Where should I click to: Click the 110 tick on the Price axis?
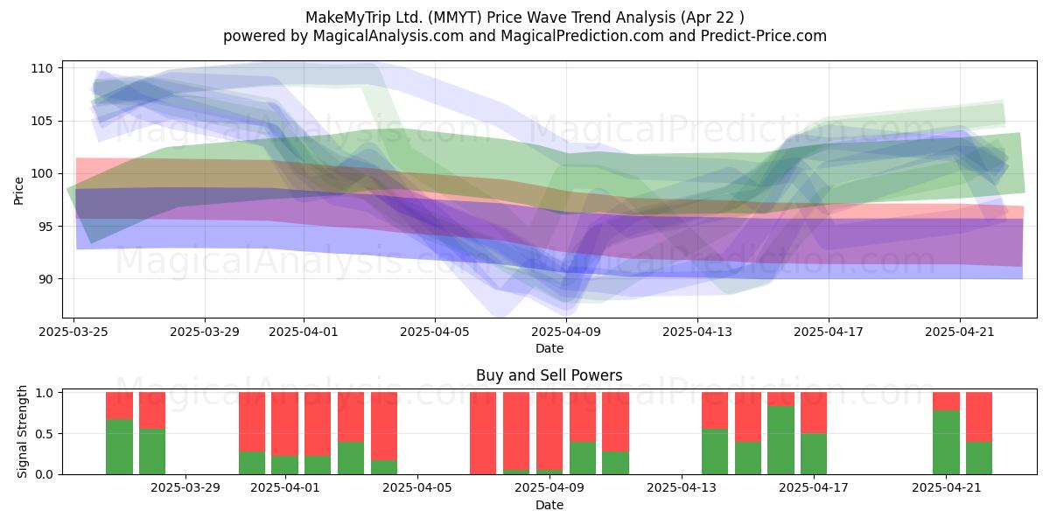[42, 68]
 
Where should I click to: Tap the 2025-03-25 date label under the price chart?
[73, 332]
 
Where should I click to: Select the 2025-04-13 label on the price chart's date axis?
[696, 332]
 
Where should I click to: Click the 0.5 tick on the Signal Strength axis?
[44, 434]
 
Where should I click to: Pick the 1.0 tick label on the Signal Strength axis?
[44, 392]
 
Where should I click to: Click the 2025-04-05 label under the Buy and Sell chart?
[416, 488]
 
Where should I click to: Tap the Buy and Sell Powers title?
[549, 375]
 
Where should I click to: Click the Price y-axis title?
[18, 191]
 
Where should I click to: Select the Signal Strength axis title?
[22, 431]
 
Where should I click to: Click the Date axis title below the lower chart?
[549, 506]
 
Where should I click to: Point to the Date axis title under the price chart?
[549, 349]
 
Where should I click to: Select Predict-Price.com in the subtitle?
[764, 36]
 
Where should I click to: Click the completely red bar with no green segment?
[483, 433]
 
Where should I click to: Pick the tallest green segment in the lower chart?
[780, 440]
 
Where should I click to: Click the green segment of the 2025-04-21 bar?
[946, 443]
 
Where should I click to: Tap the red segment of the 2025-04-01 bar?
[284, 423]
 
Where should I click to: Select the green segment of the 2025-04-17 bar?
[814, 454]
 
